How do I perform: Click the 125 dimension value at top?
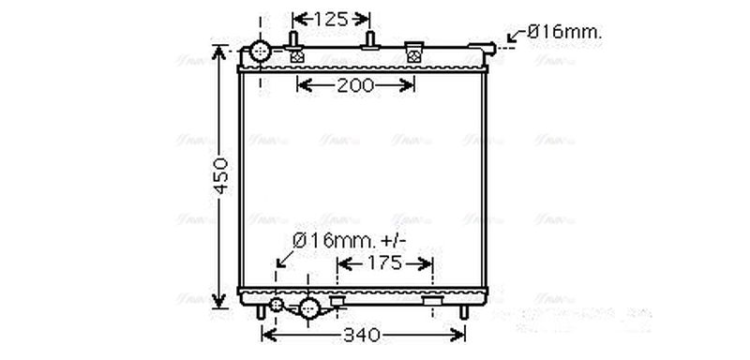point(331,18)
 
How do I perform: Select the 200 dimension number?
point(356,86)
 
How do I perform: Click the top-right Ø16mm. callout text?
point(564,32)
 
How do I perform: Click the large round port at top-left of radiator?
point(260,51)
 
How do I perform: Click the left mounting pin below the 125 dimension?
point(294,39)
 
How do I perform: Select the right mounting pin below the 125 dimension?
point(370,39)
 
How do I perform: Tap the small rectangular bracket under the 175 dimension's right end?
point(432,301)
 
